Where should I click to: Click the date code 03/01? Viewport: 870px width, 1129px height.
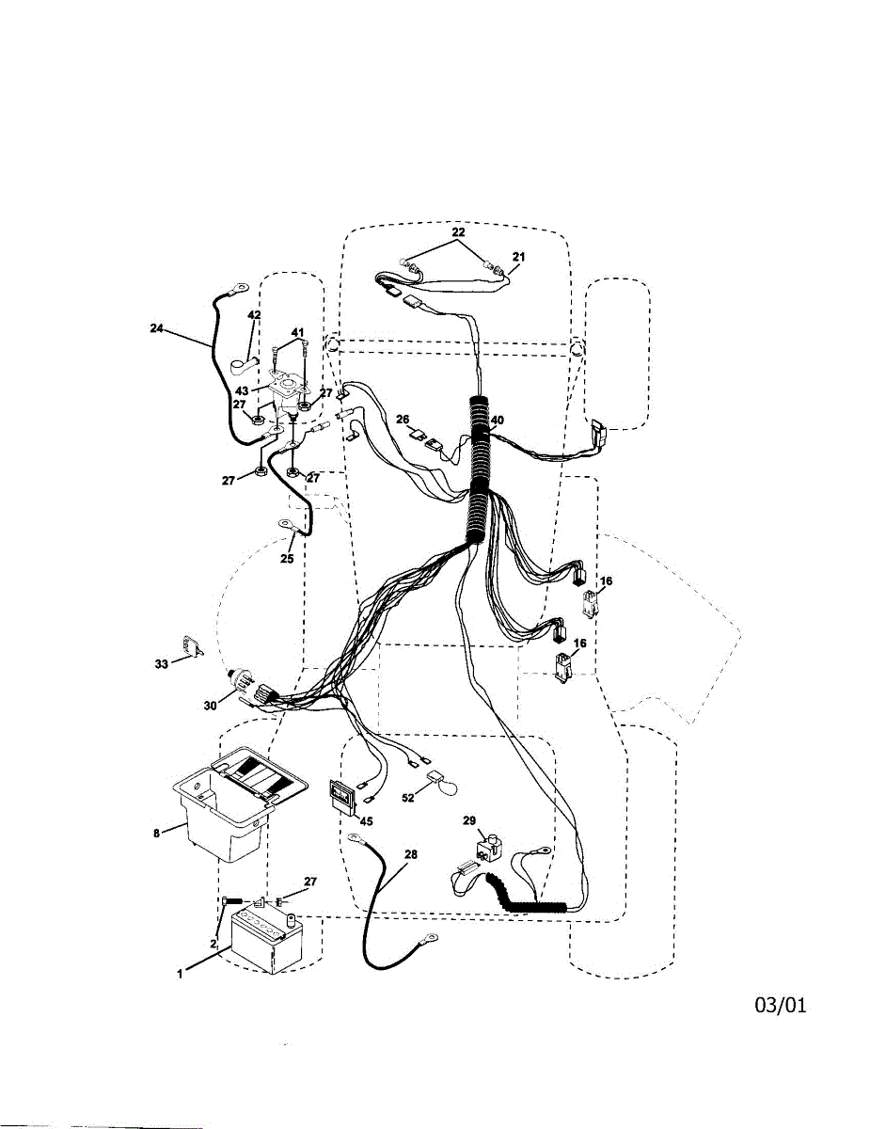tap(780, 1006)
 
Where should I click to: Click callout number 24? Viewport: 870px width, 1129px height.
tap(156, 328)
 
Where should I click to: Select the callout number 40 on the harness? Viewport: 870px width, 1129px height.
tap(497, 421)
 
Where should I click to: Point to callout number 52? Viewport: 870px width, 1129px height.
tap(408, 798)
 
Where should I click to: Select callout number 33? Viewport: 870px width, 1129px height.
tap(161, 664)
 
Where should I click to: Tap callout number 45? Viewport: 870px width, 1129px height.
tap(365, 821)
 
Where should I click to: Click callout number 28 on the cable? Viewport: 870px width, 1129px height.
tap(410, 854)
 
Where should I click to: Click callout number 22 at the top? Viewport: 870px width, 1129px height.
tap(457, 231)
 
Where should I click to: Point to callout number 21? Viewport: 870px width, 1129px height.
tap(519, 256)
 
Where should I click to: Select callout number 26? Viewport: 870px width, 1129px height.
tap(403, 419)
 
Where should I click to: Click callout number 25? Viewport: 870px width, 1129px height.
tap(287, 558)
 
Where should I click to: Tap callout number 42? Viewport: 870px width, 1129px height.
tap(254, 314)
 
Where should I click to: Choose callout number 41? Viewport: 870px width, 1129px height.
tap(297, 332)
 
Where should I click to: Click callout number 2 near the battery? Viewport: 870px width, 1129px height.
tap(214, 943)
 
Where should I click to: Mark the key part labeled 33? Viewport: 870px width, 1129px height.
tap(193, 647)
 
